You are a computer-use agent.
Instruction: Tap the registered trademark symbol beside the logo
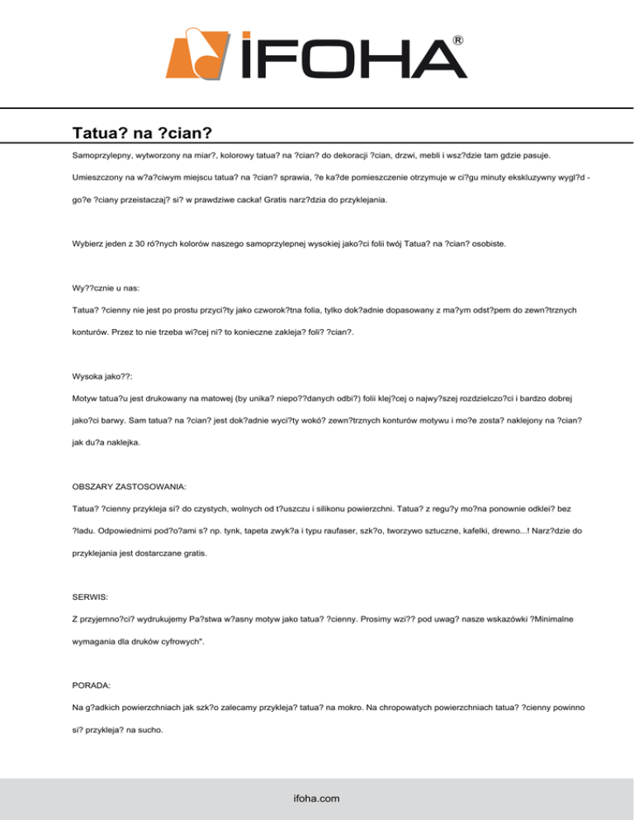pyautogui.click(x=458, y=40)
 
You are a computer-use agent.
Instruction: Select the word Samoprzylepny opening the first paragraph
pyautogui.click(x=104, y=155)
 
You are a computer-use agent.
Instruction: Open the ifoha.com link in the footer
pyautogui.click(x=317, y=798)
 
